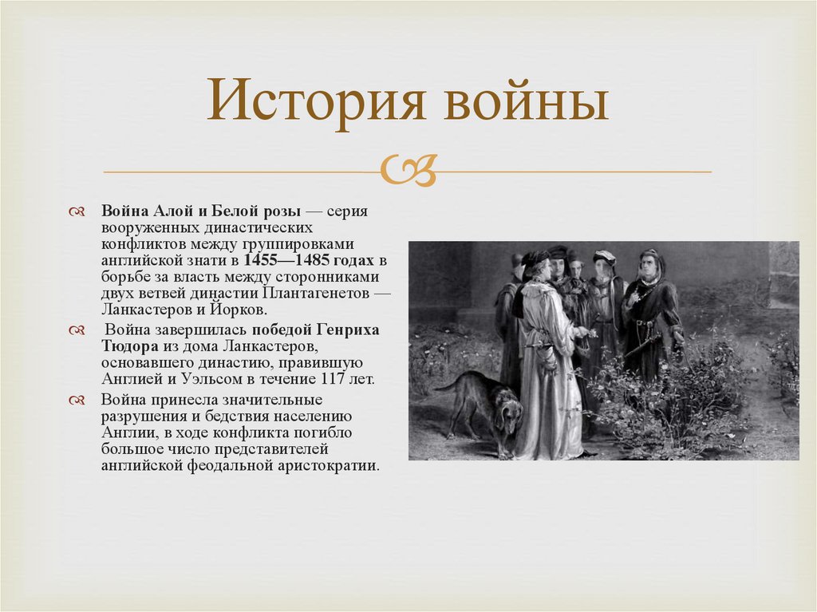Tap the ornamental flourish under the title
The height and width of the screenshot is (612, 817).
408,170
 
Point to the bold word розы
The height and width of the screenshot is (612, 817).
283,211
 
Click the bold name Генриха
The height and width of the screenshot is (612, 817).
345,330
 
